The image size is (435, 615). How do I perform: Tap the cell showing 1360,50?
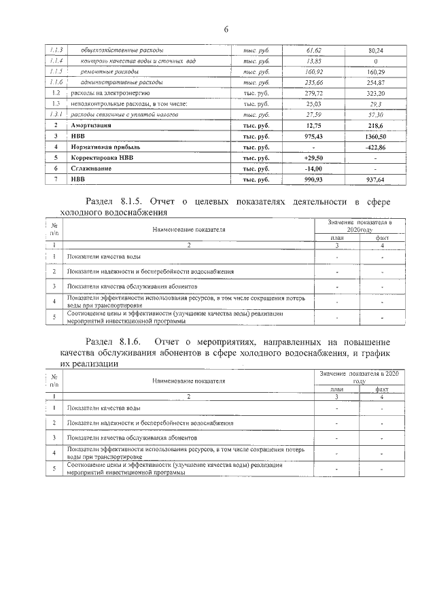371,136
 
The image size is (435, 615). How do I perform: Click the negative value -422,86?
371,147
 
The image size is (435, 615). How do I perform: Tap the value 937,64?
371,179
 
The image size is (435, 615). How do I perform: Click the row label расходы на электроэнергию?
107,92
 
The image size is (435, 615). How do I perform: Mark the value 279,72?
313,92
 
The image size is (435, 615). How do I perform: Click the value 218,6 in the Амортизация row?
371,125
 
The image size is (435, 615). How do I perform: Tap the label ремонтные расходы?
110,71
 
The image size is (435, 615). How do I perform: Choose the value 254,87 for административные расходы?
371,82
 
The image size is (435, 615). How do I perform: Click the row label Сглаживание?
89,169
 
